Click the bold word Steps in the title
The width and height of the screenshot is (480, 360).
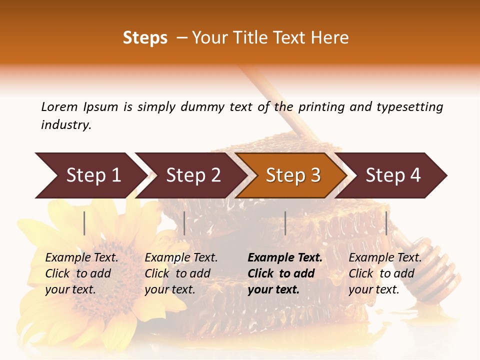(145, 38)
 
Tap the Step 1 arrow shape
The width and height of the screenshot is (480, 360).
(90, 175)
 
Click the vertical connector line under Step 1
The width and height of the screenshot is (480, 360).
(84, 223)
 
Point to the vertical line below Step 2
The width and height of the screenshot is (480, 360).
(184, 223)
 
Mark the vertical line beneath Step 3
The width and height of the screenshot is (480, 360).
(285, 223)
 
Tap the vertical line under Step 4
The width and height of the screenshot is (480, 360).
(386, 223)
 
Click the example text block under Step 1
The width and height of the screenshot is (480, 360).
(81, 273)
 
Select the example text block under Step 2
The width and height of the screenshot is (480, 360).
(181, 273)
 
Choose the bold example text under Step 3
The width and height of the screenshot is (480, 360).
(285, 273)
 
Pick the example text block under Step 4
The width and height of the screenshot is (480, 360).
(385, 273)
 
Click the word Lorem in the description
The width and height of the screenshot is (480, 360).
(59, 106)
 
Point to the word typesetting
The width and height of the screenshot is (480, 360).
(409, 107)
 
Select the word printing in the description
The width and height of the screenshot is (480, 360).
(322, 107)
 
